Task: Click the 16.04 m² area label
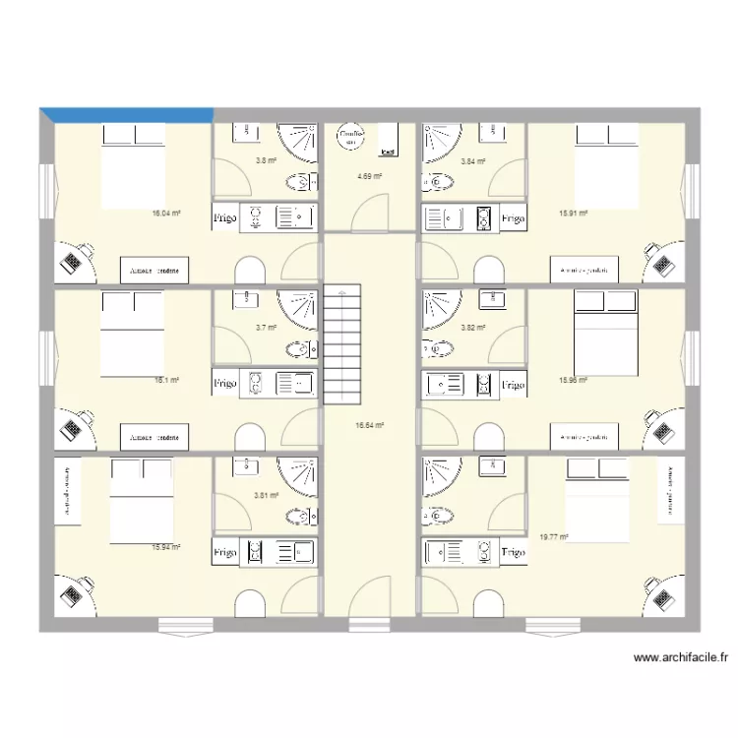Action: click(x=165, y=212)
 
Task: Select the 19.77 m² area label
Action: click(x=555, y=537)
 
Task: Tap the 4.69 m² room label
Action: click(x=369, y=177)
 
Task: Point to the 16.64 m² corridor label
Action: click(x=369, y=425)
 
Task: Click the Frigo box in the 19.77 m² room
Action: click(x=512, y=553)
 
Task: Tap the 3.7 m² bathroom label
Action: click(x=266, y=328)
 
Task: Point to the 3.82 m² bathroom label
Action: click(x=473, y=328)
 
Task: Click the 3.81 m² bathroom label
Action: click(x=266, y=496)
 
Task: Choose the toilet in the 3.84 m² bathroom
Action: click(x=433, y=182)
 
